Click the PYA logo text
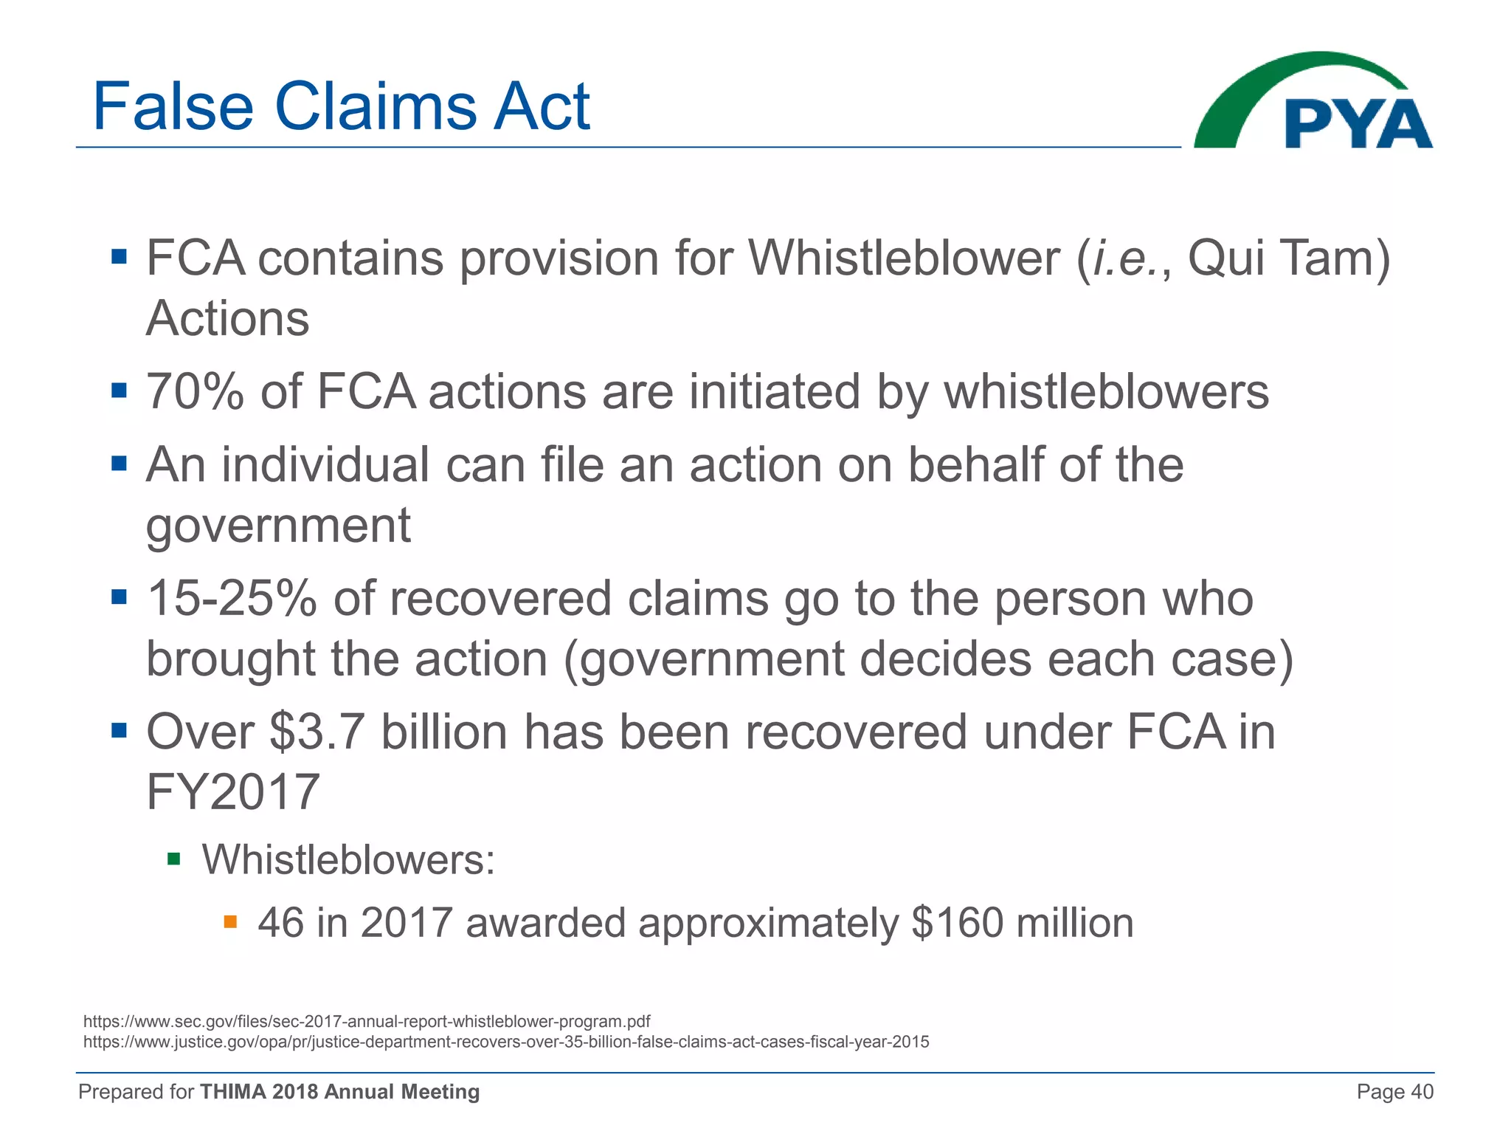pos(1358,124)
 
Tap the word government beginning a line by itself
pos(278,526)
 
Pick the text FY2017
pos(233,792)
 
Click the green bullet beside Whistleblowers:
pos(174,859)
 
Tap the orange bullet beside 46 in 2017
pos(230,921)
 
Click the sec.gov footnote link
pos(367,1022)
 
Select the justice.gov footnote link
pos(506,1042)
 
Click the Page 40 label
pos(1394,1092)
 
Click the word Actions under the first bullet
pos(228,319)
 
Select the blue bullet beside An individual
pos(119,464)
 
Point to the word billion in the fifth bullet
pos(444,732)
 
